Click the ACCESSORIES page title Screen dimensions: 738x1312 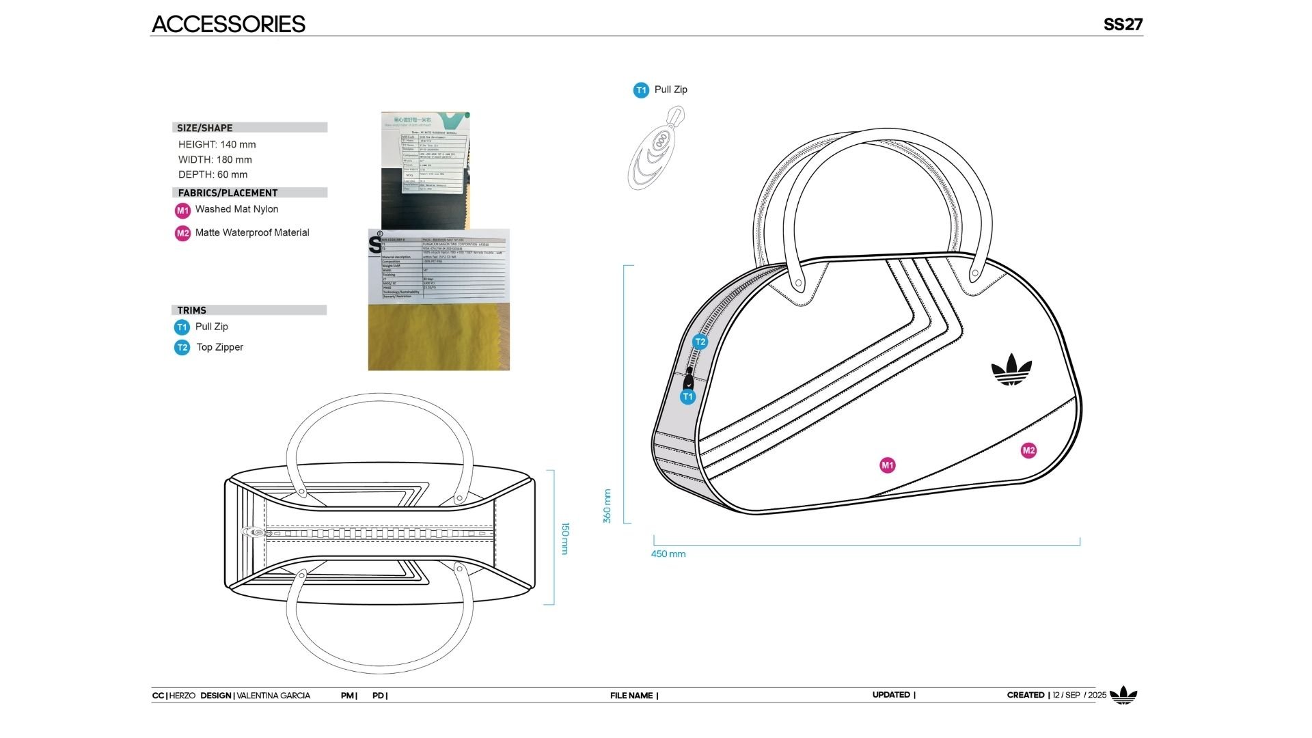pyautogui.click(x=228, y=24)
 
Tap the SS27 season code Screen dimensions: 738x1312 pyautogui.click(x=1123, y=25)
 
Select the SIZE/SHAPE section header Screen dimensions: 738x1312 pyautogui.click(x=205, y=128)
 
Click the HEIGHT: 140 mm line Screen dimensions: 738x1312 pyautogui.click(x=217, y=144)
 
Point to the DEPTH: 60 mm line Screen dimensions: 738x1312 pyautogui.click(x=213, y=174)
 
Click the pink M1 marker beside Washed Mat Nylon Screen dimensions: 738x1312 pyautogui.click(x=182, y=210)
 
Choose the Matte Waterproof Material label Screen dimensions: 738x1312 pyautogui.click(x=252, y=232)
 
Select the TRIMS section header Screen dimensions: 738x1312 pyautogui.click(x=192, y=310)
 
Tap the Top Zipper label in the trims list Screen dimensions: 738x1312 pyautogui.click(x=219, y=347)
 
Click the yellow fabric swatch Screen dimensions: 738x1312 pyautogui.click(x=439, y=338)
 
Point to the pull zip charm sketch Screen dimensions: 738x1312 pyautogui.click(x=657, y=148)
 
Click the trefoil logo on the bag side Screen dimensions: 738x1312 pyautogui.click(x=1011, y=370)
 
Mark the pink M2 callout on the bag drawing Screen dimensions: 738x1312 pyautogui.click(x=1028, y=450)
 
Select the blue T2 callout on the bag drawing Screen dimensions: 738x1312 pyautogui.click(x=700, y=342)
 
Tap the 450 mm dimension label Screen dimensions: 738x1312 pyautogui.click(x=668, y=554)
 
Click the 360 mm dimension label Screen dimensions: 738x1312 pyautogui.click(x=607, y=506)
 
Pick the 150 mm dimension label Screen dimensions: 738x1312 pyautogui.click(x=565, y=538)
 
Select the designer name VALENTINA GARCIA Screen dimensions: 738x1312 pyautogui.click(x=273, y=696)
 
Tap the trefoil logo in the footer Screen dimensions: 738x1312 pyautogui.click(x=1123, y=695)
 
